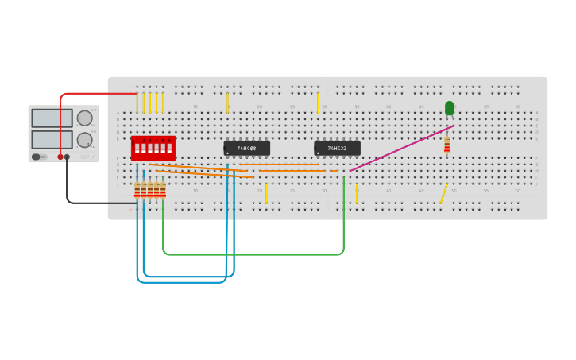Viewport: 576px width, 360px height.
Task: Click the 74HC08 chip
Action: tap(247, 149)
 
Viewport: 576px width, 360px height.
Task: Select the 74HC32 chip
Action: tap(338, 149)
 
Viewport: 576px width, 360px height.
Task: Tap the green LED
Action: tap(450, 108)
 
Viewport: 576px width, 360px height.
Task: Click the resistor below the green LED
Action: tap(446, 143)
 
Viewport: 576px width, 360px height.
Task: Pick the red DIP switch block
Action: tap(153, 148)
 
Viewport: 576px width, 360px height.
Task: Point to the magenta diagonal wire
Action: tap(401, 148)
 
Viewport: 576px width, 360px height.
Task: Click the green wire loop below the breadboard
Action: tap(254, 254)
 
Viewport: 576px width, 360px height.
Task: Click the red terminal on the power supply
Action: tap(60, 157)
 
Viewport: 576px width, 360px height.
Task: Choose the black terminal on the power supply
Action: tap(67, 157)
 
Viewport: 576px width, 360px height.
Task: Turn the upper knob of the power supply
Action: tap(84, 118)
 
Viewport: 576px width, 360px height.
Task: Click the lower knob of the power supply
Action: tap(84, 140)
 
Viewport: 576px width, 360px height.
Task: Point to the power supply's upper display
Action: tap(52, 118)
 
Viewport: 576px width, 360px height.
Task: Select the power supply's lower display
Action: tap(52, 139)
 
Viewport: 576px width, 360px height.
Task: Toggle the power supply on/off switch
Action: tap(37, 157)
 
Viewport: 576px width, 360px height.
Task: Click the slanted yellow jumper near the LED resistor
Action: tap(443, 193)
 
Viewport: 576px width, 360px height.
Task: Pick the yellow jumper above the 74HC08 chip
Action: tap(227, 103)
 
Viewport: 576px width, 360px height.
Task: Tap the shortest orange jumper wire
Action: tap(334, 171)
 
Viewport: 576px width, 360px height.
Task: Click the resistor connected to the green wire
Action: tap(163, 189)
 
